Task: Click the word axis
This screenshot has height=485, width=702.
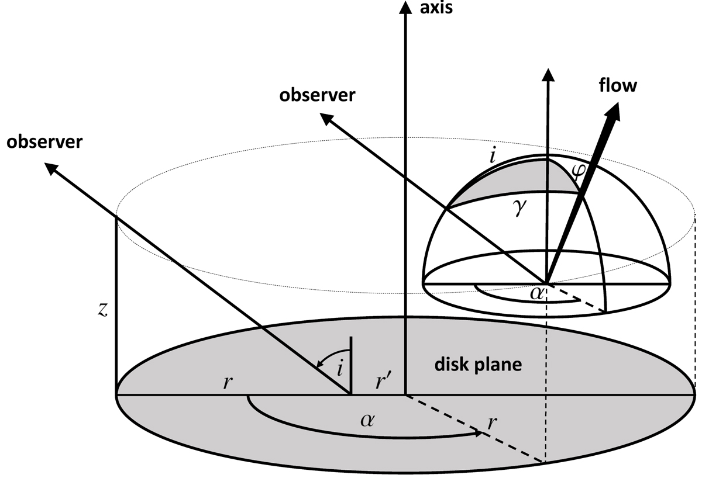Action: (x=436, y=8)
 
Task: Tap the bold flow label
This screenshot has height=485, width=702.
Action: (x=617, y=85)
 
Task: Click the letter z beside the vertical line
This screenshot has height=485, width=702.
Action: (x=102, y=310)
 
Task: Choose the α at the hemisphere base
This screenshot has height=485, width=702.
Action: (x=537, y=292)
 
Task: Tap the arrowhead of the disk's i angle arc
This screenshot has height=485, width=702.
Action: (x=319, y=363)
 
